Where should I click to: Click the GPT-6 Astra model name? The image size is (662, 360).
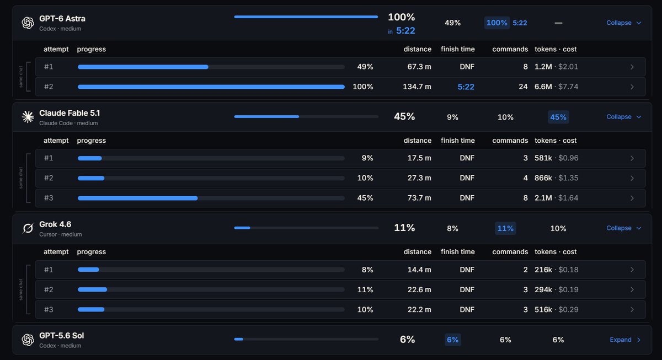[62, 19]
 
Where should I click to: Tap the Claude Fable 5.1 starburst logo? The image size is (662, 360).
[28, 117]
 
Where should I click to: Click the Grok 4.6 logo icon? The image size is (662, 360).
[28, 228]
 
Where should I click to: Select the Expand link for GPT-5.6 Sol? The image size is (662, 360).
[625, 340]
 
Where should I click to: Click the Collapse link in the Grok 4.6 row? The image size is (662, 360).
[623, 228]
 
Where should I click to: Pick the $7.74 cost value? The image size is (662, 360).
[568, 87]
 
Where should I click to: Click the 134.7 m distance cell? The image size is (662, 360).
[417, 87]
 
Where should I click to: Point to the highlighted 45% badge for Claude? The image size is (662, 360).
[558, 117]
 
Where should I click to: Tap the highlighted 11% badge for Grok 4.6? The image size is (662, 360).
[505, 228]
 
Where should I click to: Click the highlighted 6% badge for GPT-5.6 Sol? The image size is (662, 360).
[452, 340]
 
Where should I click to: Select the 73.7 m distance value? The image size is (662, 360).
[419, 198]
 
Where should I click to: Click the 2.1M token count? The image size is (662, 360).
[543, 198]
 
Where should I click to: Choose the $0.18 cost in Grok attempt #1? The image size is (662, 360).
[568, 270]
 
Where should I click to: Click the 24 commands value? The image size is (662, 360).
[523, 87]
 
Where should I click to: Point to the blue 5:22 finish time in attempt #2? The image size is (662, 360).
[466, 87]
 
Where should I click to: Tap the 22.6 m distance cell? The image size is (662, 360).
[419, 289]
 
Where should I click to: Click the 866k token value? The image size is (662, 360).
[543, 178]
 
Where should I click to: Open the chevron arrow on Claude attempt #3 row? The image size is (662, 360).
[632, 198]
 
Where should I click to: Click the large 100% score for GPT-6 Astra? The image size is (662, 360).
[402, 17]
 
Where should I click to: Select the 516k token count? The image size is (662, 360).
[543, 309]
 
